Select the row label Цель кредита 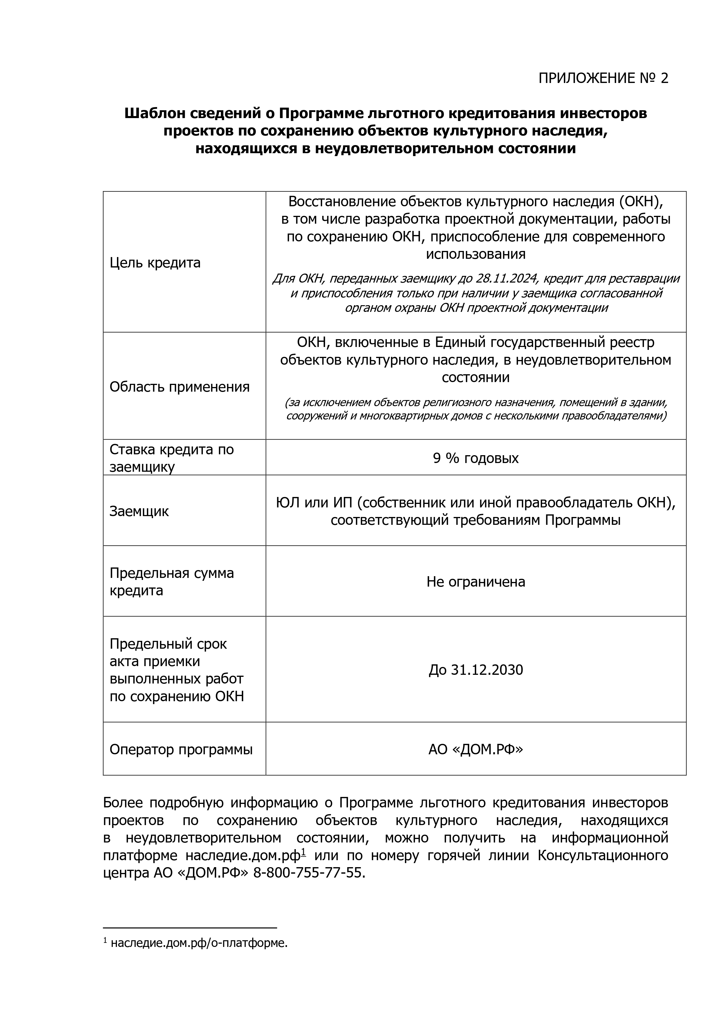tap(155, 263)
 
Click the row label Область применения tap(179, 387)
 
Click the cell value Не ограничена tap(476, 582)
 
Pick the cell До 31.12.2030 tap(476, 670)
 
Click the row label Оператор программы tap(181, 750)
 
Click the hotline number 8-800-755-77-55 tap(309, 873)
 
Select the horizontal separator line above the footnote tap(190, 927)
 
